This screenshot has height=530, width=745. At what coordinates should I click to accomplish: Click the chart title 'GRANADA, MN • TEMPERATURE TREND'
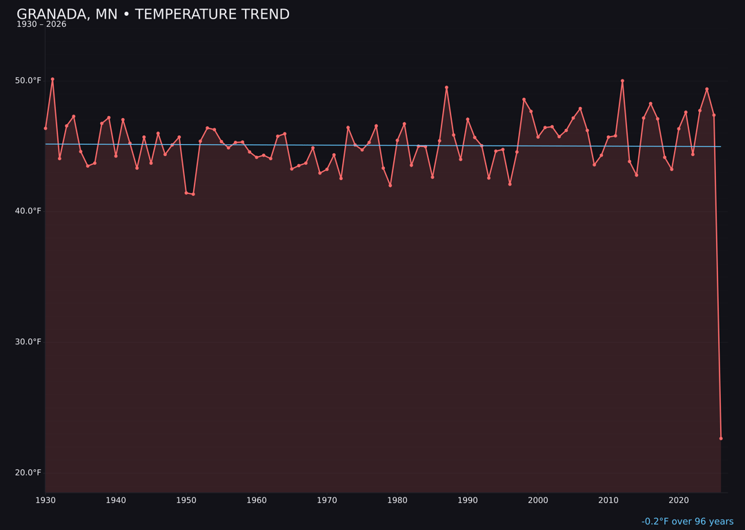tap(153, 14)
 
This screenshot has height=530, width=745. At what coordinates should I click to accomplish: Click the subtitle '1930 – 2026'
tap(41, 25)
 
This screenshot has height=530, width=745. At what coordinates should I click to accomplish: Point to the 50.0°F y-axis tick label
tap(28, 81)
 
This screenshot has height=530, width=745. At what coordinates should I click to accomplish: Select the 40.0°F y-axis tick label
tap(28, 211)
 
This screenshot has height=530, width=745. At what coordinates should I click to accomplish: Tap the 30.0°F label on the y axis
tap(28, 342)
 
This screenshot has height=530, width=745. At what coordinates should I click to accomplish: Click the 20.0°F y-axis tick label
tap(28, 473)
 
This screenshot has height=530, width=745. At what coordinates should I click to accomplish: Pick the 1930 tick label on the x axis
tap(46, 500)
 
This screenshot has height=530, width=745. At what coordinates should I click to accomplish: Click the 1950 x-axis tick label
tap(186, 500)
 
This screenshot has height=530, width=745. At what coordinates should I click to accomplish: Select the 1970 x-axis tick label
tap(327, 500)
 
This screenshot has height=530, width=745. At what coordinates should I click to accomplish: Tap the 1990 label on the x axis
tap(468, 500)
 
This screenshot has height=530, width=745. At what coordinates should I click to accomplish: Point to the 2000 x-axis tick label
tap(538, 500)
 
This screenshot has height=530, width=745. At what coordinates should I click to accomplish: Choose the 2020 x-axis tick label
tap(679, 500)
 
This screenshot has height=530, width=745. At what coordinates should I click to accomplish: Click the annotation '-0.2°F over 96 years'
tap(687, 522)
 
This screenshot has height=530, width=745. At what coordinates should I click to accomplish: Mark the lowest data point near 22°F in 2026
tap(721, 438)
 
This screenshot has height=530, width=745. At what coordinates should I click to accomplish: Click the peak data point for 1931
tap(52, 79)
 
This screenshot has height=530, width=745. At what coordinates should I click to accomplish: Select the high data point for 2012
tap(622, 81)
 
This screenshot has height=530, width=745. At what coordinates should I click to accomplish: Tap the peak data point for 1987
tap(446, 88)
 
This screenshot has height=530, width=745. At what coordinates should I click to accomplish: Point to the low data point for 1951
tap(193, 194)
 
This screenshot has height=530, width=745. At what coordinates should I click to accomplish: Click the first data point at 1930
tap(46, 128)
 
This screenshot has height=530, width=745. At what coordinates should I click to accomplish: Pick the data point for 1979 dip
tap(390, 186)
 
